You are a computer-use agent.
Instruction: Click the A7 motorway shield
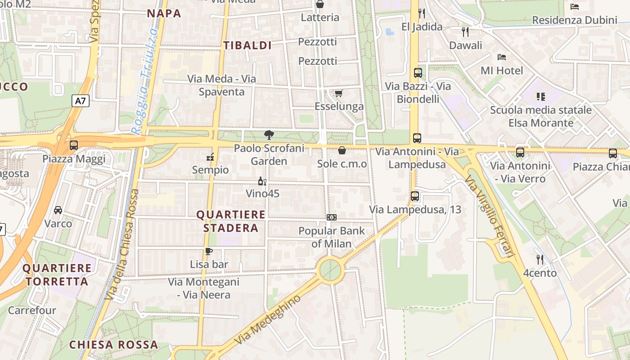80,101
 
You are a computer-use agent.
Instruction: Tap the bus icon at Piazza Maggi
74,145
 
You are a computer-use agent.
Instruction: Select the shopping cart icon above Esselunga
338,93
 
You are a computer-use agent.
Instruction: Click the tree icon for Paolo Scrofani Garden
269,135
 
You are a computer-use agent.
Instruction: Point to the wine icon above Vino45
262,181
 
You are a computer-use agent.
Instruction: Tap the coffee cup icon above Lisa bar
208,251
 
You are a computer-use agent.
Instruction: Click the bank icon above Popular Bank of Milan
332,217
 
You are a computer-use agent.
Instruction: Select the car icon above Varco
58,210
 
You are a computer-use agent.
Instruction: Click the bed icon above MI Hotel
502,57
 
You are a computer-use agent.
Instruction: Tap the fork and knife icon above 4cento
540,259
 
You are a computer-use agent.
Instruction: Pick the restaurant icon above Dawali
465,31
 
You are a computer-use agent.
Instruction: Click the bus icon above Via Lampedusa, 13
415,196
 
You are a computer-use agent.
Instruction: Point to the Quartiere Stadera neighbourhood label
231,221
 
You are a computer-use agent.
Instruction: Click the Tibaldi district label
247,45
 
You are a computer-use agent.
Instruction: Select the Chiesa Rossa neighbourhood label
113,345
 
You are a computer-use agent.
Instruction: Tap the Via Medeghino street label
267,320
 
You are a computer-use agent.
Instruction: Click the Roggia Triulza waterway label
145,81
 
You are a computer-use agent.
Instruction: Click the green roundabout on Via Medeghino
330,269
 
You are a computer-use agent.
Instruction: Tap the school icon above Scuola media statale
540,96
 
